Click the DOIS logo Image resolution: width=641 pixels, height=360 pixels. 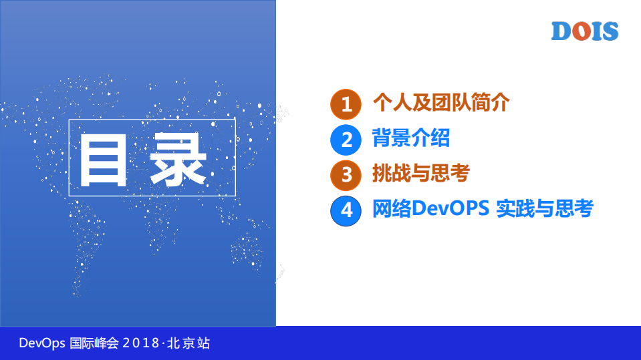click(585, 31)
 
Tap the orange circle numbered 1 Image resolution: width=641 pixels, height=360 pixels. click(346, 104)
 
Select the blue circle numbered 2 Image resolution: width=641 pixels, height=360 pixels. click(346, 140)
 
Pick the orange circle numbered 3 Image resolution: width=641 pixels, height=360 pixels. click(346, 175)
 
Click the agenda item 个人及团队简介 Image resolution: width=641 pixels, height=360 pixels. click(440, 103)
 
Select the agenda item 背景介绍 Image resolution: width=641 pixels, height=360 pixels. click(410, 138)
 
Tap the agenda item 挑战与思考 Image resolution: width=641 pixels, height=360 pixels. click(420, 174)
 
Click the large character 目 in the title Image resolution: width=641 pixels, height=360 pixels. click(104, 159)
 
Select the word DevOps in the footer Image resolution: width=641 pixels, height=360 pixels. click(42, 343)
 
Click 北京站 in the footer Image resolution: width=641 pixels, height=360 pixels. click(188, 343)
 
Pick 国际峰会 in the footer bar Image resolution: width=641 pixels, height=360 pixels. click(94, 343)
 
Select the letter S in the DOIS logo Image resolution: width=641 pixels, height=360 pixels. click(609, 31)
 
